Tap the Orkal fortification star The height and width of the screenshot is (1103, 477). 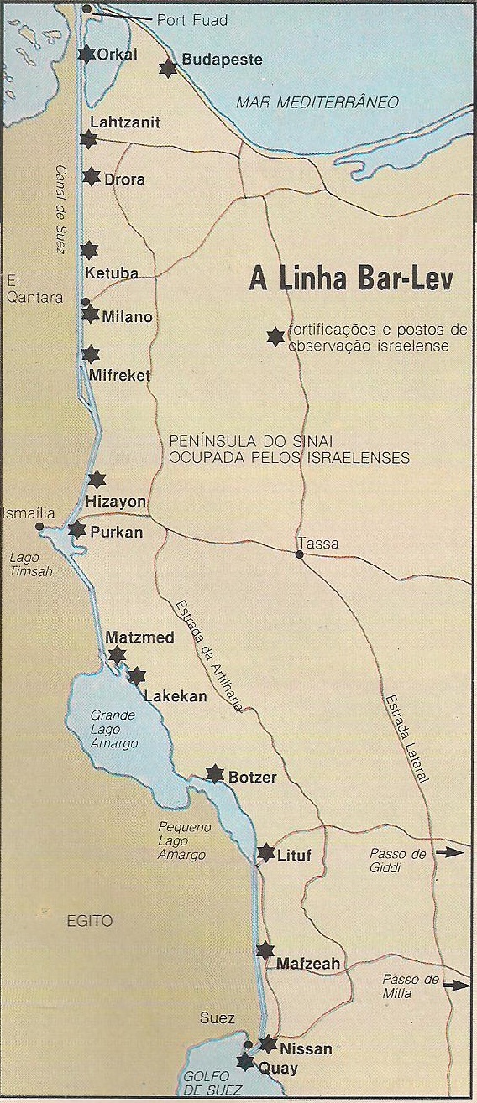[86, 54]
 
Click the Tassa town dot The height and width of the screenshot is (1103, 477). [300, 554]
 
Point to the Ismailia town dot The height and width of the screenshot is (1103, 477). [39, 527]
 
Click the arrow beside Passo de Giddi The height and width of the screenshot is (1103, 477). [451, 852]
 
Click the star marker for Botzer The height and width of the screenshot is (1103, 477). [215, 773]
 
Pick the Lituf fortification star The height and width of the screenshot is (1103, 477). [265, 853]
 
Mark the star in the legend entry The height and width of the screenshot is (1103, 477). [274, 336]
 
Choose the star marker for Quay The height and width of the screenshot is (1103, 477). [244, 1061]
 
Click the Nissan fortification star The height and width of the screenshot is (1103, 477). [268, 1044]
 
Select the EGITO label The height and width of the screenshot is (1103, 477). [89, 920]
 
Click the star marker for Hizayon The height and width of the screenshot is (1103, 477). [97, 480]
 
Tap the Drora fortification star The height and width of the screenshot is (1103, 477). [92, 177]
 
